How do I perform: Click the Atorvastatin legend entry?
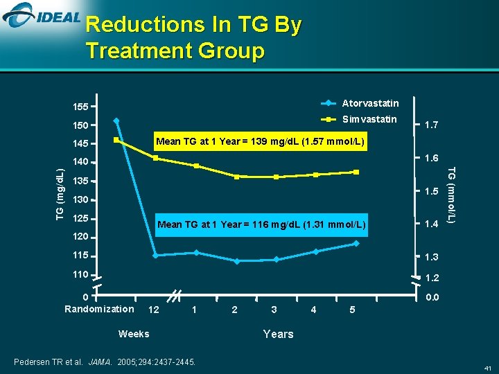(x=370, y=103)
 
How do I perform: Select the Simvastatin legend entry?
(x=369, y=119)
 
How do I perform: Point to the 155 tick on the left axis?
(x=81, y=107)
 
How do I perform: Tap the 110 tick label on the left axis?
(x=81, y=275)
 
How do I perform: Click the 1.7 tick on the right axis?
(x=430, y=125)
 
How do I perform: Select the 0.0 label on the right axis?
(x=430, y=297)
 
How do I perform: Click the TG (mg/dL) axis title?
(x=60, y=192)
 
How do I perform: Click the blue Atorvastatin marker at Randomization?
(x=116, y=121)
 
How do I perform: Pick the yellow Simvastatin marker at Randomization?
(x=116, y=141)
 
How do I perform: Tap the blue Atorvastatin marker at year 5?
(x=356, y=243)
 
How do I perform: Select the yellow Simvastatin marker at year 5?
(x=356, y=172)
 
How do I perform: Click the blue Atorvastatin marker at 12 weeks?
(x=155, y=256)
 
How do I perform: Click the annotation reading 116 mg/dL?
(x=260, y=224)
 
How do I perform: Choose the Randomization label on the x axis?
(x=99, y=309)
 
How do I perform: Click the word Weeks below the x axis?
(x=134, y=334)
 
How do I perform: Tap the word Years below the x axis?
(x=278, y=334)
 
